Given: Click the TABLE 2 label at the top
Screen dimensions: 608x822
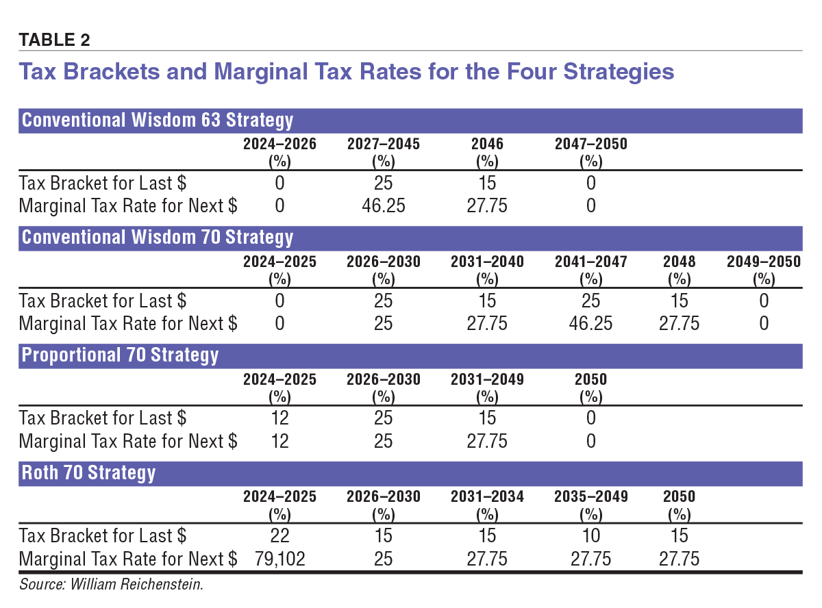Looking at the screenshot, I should [54, 40].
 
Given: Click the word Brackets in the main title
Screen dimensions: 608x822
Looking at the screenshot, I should [127, 72].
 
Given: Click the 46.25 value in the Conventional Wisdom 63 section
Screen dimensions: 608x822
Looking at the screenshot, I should [383, 206].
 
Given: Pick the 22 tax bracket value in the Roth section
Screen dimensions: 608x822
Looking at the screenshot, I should [279, 535].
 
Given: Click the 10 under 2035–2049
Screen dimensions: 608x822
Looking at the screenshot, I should [590, 535].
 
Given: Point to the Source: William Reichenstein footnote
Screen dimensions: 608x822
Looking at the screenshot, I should [112, 584].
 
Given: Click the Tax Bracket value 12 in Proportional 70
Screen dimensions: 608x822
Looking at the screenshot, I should [279, 418].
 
